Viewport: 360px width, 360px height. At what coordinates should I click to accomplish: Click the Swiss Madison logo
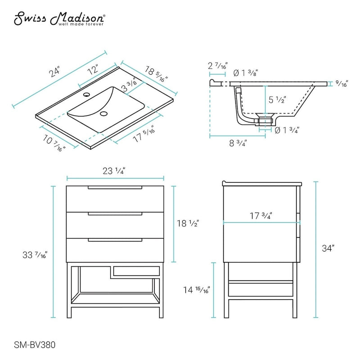[x=60, y=19]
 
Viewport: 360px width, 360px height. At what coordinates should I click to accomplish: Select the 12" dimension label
[x=93, y=70]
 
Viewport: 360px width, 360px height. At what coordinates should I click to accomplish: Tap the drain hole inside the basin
[x=105, y=114]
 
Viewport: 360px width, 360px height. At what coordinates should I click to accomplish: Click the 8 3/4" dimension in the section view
[x=237, y=143]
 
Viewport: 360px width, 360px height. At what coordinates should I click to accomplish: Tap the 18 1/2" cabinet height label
[x=188, y=223]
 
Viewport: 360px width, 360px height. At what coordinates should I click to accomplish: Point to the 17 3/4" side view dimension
[x=261, y=216]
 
